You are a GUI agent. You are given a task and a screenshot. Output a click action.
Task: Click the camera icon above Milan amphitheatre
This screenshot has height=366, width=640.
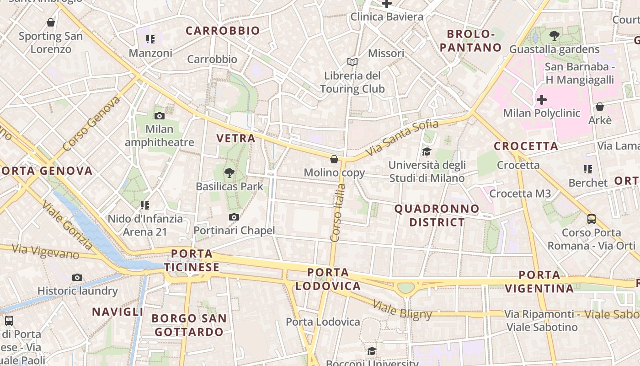(159, 116)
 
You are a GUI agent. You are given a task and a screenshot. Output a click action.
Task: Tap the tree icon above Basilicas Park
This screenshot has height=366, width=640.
(229, 173)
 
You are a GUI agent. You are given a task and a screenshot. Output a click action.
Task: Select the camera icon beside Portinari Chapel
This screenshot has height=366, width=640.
(234, 217)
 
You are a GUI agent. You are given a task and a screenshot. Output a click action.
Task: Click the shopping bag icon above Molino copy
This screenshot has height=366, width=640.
(334, 159)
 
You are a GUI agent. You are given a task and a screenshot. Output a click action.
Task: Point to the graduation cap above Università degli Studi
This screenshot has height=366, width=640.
(427, 152)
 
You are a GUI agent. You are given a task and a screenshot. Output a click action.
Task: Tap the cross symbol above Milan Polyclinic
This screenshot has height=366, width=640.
(542, 99)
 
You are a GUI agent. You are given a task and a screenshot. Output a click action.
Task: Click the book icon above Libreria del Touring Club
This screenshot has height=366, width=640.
(352, 62)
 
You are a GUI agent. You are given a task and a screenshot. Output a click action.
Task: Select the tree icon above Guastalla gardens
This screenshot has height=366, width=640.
(554, 35)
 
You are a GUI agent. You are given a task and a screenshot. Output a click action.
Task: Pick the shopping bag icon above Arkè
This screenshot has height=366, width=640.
(599, 107)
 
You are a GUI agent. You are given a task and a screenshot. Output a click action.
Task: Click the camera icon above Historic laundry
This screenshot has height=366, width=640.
(77, 278)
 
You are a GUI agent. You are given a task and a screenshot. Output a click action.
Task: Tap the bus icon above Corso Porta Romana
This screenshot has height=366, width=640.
(592, 219)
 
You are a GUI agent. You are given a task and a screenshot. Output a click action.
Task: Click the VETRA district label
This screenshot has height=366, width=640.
(235, 138)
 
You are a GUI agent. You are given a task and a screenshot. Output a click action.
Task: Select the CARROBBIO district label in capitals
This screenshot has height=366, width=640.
(223, 31)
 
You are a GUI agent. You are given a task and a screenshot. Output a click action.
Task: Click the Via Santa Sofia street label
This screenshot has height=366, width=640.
(402, 137)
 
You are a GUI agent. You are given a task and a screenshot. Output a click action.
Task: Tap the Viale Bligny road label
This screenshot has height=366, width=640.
(402, 310)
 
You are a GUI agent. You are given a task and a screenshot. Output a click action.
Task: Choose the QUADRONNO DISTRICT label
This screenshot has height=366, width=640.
(437, 215)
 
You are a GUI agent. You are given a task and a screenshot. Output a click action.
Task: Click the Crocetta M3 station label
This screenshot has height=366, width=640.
(520, 194)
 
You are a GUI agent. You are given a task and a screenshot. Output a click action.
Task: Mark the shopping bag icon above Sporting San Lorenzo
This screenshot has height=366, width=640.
(51, 22)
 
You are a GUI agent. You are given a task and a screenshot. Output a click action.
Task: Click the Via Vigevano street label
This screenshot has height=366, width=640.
(45, 252)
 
